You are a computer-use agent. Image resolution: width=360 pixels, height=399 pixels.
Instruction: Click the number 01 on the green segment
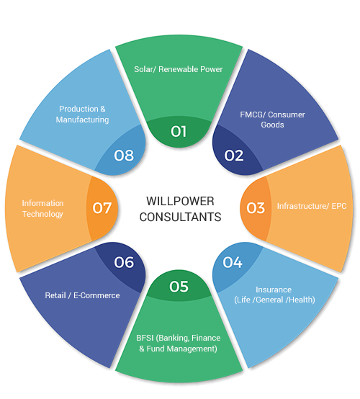pos(179,131)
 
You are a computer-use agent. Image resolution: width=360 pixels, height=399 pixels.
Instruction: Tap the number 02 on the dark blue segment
pos(234,156)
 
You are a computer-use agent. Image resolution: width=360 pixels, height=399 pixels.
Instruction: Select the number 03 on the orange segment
pos(256,208)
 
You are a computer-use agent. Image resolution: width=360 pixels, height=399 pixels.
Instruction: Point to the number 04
pos(233,262)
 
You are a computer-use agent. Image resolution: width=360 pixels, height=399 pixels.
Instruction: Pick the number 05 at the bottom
pos(179,287)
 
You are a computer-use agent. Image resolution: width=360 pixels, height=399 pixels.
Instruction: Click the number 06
pos(124,262)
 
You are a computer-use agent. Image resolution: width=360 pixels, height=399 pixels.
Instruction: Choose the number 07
pos(102,208)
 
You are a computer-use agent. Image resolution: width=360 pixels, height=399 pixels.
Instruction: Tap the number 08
pos(124,156)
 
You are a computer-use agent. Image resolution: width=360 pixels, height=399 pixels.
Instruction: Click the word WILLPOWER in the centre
pos(180,201)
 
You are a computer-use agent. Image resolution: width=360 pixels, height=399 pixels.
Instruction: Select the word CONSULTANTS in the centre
pos(180,217)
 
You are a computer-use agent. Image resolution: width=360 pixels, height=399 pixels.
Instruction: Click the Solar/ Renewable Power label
pos(179,69)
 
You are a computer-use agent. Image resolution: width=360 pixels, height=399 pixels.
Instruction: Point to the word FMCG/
pos(253,115)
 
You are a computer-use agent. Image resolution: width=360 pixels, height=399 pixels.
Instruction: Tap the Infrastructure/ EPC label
pos(312,206)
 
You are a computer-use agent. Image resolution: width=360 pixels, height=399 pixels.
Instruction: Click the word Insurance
pos(274,290)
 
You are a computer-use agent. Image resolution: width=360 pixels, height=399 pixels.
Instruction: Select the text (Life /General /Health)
pos(274,300)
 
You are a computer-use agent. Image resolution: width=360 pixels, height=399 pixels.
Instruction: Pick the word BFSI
pos(145,338)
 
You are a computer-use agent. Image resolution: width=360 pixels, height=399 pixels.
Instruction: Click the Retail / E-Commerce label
pos(82,295)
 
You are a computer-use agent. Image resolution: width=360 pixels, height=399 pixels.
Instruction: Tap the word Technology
pos(42,214)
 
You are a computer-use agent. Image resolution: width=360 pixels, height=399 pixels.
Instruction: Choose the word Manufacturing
pos(82,120)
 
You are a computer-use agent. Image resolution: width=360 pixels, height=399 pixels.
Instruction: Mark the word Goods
pos(272,125)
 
